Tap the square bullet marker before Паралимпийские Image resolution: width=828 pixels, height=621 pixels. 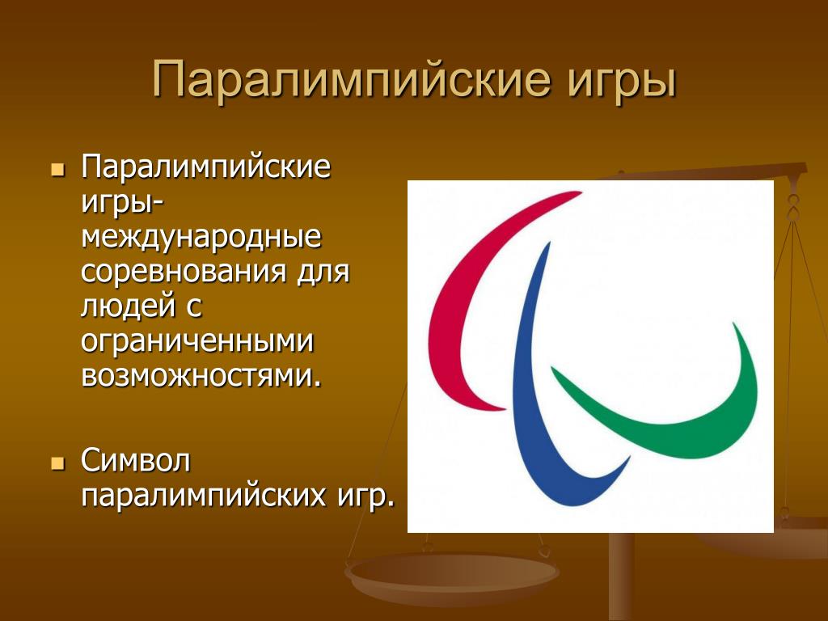coord(58,170)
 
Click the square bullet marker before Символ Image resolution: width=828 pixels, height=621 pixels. coord(58,463)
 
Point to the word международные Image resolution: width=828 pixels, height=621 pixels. coord(201,237)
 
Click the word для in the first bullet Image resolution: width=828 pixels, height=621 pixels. coord(323,272)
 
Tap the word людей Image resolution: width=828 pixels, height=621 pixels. coord(128,306)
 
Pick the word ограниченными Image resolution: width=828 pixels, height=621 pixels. coord(197,342)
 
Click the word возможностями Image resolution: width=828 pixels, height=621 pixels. coord(201,375)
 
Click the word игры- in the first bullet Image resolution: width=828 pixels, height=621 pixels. coord(121,203)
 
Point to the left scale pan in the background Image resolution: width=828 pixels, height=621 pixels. coord(451,577)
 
